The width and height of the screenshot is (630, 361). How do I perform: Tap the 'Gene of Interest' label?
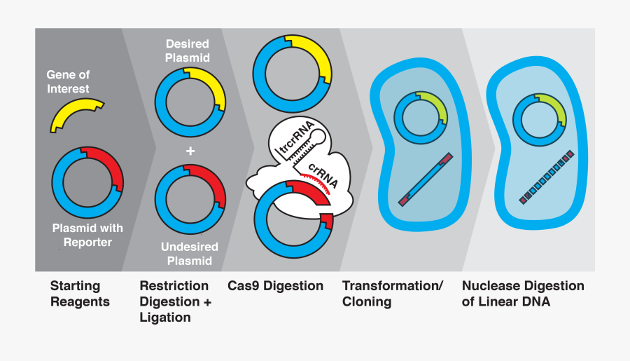click(68, 82)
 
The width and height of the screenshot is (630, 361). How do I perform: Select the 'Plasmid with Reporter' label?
click(87, 236)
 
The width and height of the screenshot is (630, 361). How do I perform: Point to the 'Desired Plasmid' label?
click(187, 50)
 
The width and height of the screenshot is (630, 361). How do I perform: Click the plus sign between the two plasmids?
click(190, 151)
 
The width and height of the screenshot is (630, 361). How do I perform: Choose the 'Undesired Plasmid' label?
click(190, 254)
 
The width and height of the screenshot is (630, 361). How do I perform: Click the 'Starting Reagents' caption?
click(79, 294)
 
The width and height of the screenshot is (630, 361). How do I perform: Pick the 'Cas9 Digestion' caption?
click(275, 286)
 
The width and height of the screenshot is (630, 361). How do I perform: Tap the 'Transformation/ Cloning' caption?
click(392, 294)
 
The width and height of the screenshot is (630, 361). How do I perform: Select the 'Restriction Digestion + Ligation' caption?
click(174, 301)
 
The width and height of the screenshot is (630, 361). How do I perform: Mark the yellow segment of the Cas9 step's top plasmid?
click(315, 57)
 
